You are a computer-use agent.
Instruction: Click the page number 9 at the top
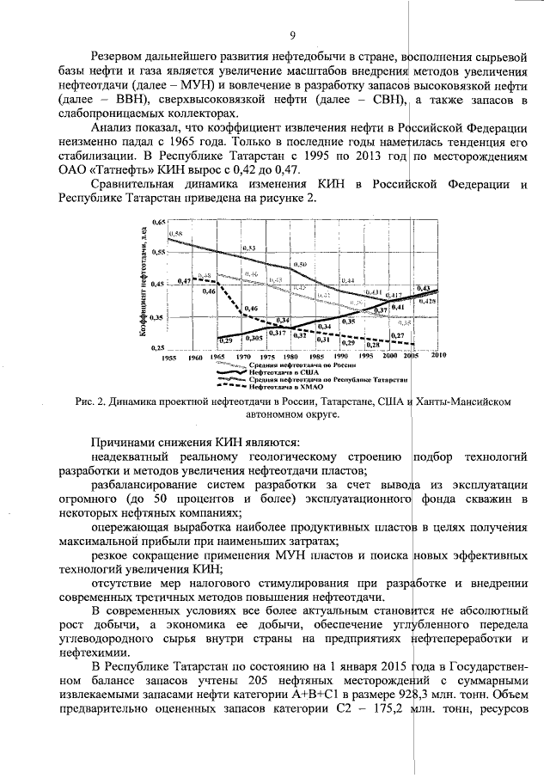pyautogui.click(x=292, y=35)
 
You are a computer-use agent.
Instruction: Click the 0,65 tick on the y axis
pyautogui.click(x=158, y=223)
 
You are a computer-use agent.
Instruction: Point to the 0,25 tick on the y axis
pyautogui.click(x=158, y=347)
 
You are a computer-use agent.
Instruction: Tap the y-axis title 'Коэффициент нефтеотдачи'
pyautogui.click(x=147, y=285)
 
